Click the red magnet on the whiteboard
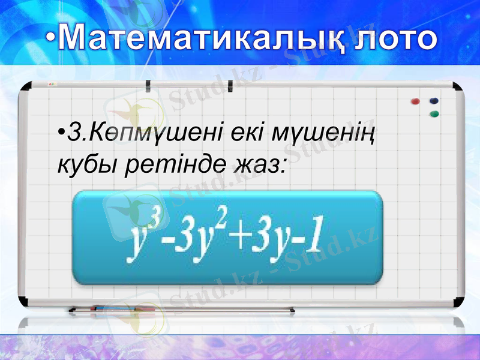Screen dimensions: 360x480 coord(414,101)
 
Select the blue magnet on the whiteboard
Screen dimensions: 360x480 coord(434,101)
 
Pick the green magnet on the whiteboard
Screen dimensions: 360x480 coord(434,113)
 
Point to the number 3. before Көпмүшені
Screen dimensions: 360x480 coord(77,132)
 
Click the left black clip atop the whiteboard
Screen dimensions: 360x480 coord(149,84)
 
